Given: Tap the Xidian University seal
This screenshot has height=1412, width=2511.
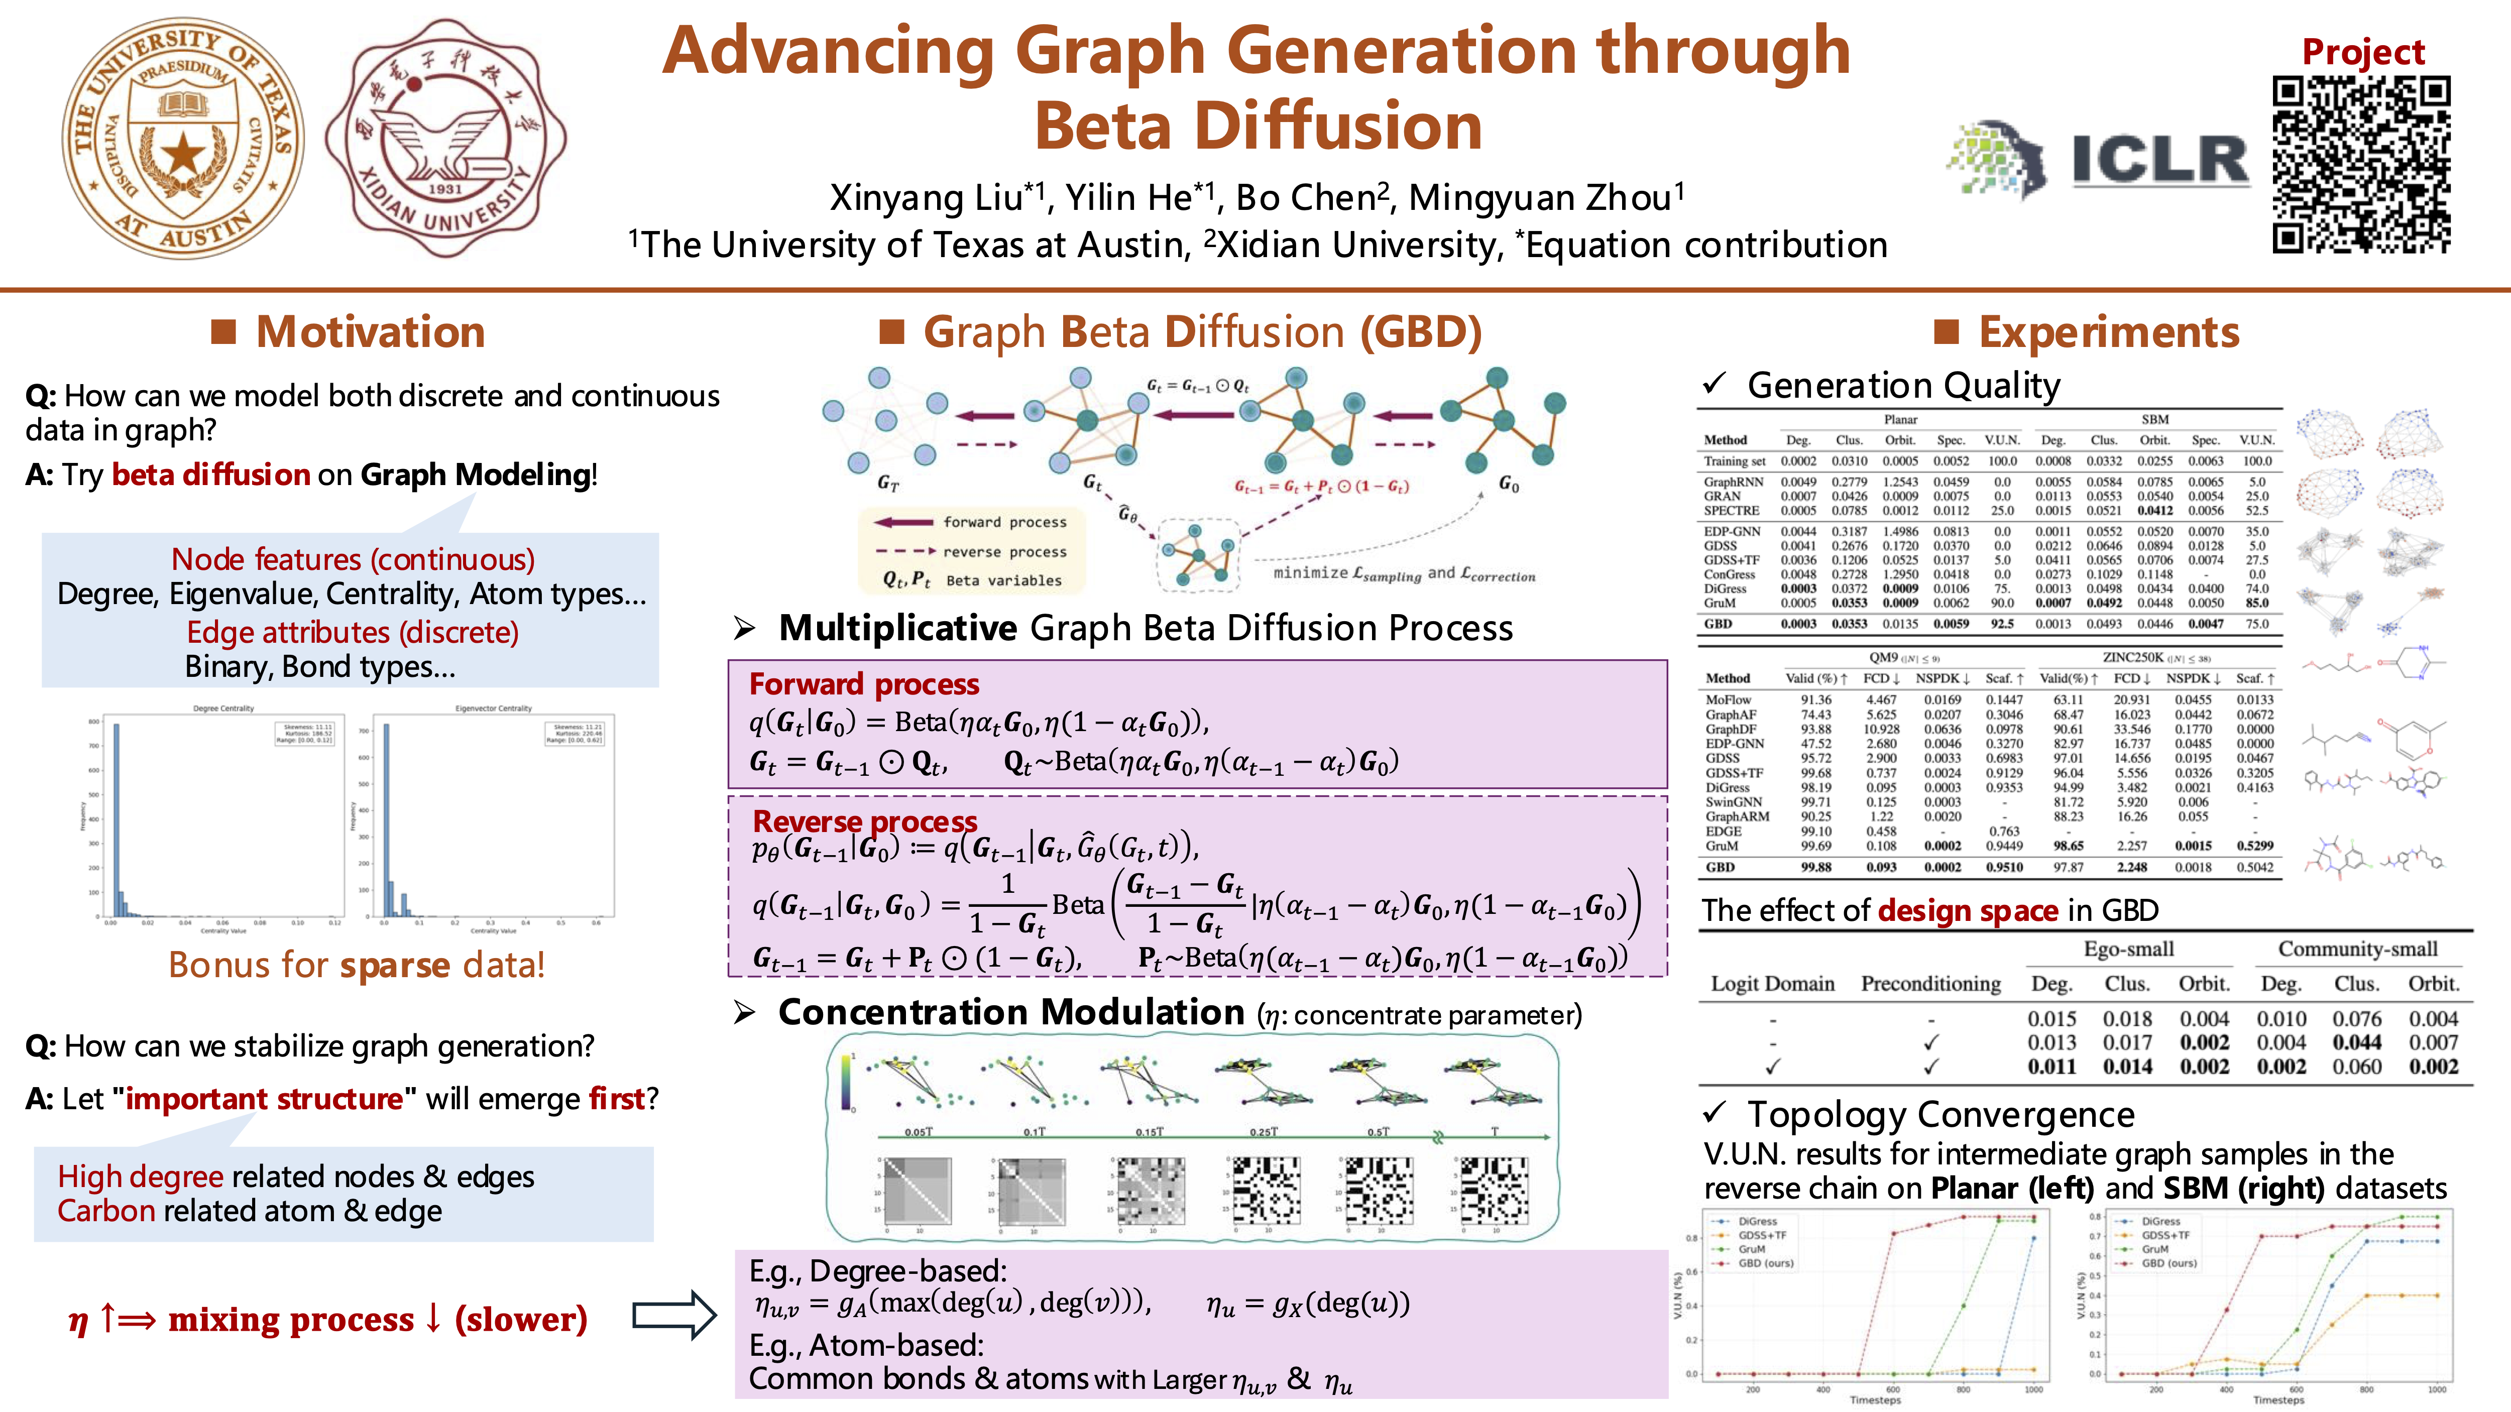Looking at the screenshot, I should tap(445, 139).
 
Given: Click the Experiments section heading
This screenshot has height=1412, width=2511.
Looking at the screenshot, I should tap(2108, 332).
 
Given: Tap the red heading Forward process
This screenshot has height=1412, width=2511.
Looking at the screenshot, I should tap(864, 684).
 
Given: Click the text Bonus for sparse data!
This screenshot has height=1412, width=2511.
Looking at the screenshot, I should tap(357, 965).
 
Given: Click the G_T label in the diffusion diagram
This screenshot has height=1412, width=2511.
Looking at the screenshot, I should tap(887, 483).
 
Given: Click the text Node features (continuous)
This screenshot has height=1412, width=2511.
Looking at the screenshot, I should tap(353, 559).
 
